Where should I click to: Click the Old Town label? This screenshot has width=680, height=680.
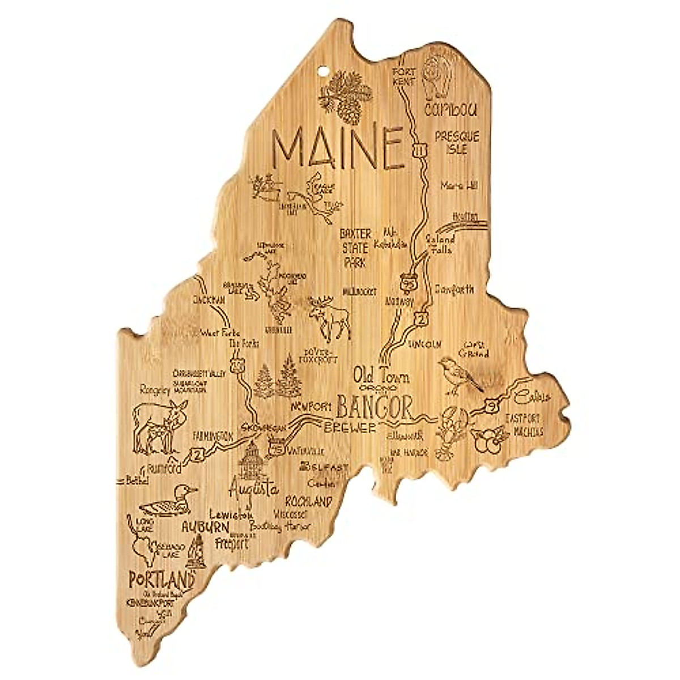[381, 376]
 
